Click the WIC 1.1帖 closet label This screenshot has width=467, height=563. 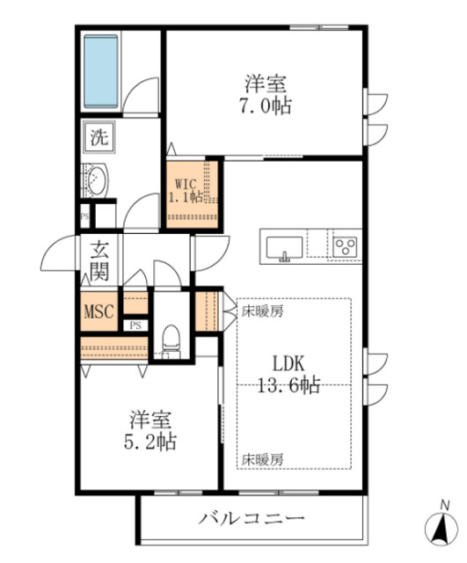pos(187,191)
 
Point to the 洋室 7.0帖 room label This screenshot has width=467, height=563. pos(266,96)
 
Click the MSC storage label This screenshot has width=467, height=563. pos(99,311)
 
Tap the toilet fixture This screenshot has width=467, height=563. pos(172,338)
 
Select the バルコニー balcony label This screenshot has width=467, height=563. pos(252,517)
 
